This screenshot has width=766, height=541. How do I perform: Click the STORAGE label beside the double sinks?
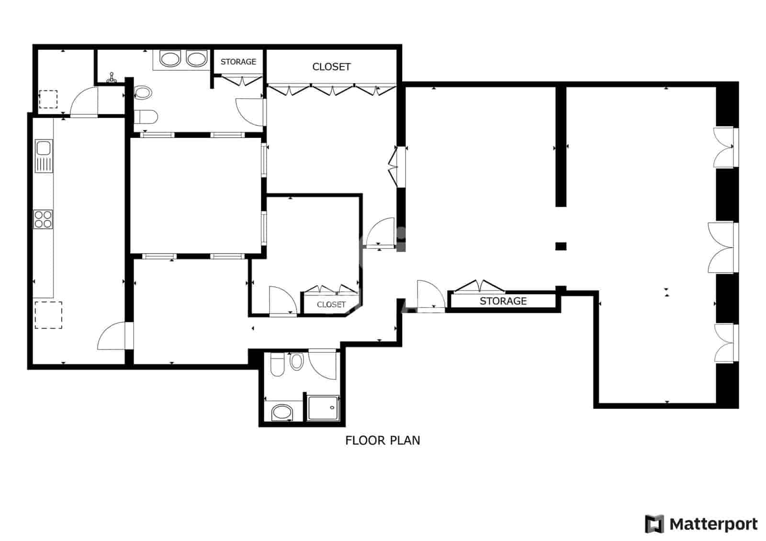point(238,62)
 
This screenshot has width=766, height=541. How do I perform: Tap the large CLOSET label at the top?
point(331,67)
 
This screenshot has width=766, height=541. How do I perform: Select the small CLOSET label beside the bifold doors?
point(331,304)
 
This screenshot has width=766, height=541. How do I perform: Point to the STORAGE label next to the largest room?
point(503,301)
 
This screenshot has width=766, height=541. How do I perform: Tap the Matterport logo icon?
point(654,524)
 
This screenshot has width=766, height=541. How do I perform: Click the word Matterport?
point(713,524)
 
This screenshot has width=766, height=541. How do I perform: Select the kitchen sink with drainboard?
point(43,156)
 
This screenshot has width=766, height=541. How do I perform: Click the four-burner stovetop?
point(43,219)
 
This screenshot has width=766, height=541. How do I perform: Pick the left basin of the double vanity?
point(169,59)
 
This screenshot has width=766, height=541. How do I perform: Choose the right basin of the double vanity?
point(196,59)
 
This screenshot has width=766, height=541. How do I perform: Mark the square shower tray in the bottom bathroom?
point(324,408)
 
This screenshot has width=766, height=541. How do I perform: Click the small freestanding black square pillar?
point(561,246)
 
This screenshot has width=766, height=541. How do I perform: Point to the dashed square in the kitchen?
point(48,315)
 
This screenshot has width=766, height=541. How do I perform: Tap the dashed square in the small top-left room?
point(48,99)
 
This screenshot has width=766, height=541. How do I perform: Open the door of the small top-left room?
point(84,101)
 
